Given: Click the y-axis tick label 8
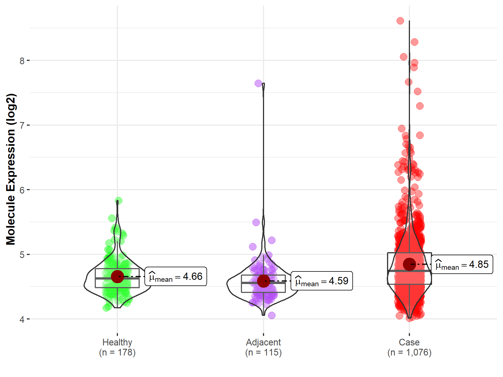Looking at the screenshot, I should coord(22,61).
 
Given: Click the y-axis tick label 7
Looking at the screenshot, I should coord(22,125).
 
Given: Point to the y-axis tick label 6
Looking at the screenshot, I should coord(22,190).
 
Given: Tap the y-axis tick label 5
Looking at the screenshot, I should coord(22,255).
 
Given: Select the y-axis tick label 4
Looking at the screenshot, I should coord(22,319).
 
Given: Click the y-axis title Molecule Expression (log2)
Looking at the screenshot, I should coord(11,169).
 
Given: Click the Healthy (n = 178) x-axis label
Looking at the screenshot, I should coord(117,347).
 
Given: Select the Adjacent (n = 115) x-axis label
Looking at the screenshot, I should coord(263,347).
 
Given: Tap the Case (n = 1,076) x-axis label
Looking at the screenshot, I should coord(409,347).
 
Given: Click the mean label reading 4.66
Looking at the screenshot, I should coord(176,276).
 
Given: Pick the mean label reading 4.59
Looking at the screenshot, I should coord(322,281).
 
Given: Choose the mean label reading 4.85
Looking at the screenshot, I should coord(462,264).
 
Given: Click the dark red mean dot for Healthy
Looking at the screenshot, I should coord(117,276).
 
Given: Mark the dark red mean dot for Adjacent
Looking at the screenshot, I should coord(263,281).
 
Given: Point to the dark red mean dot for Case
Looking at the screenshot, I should coord(409,264).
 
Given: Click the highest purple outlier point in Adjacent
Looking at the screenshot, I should coord(258,83).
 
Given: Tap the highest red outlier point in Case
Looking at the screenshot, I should coord(400,21).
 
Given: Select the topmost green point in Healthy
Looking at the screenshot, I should coord(118,201).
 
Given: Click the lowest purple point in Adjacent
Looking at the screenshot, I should coord(272,315).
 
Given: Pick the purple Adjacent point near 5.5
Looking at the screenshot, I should coord(256,222).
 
